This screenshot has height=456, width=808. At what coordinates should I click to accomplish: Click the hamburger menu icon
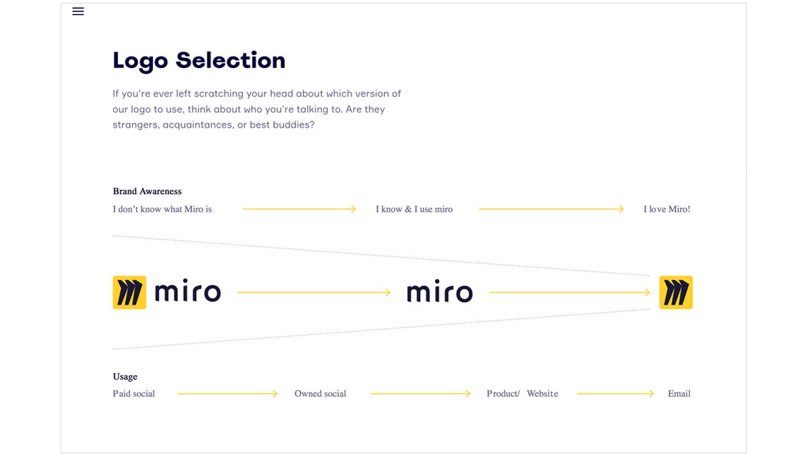pyautogui.click(x=78, y=11)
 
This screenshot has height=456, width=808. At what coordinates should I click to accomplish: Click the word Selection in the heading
pyautogui.click(x=230, y=60)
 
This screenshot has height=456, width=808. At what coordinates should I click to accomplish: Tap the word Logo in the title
pyautogui.click(x=140, y=61)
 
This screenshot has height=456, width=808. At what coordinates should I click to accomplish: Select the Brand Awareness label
pyautogui.click(x=147, y=191)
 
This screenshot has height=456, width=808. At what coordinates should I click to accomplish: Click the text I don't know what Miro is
pyautogui.click(x=162, y=209)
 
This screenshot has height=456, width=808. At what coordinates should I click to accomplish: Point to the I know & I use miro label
pyautogui.click(x=414, y=209)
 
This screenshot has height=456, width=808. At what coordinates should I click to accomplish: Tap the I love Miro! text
pyautogui.click(x=667, y=209)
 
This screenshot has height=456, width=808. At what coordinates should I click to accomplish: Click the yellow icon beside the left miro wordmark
pyautogui.click(x=129, y=293)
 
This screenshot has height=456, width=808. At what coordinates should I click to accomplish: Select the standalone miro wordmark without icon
pyautogui.click(x=440, y=291)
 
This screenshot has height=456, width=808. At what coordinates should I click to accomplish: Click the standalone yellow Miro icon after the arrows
pyautogui.click(x=676, y=293)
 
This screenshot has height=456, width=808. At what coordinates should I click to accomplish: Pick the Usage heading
pyautogui.click(x=125, y=377)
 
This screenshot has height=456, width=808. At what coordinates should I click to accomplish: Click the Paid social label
pyautogui.click(x=134, y=393)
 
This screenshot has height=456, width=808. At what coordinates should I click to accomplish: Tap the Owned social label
pyautogui.click(x=321, y=393)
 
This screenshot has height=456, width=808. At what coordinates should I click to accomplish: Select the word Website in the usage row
pyautogui.click(x=543, y=393)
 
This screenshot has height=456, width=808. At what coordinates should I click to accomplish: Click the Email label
pyautogui.click(x=679, y=393)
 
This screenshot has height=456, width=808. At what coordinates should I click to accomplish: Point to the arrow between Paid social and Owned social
pyautogui.click(x=228, y=393)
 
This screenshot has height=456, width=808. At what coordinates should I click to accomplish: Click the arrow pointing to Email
pyautogui.click(x=615, y=393)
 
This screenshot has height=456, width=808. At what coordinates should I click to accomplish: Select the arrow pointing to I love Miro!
pyautogui.click(x=551, y=209)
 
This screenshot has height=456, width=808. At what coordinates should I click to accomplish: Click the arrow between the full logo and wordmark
pyautogui.click(x=314, y=293)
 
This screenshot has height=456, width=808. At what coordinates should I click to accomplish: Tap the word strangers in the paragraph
pyautogui.click(x=135, y=125)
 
